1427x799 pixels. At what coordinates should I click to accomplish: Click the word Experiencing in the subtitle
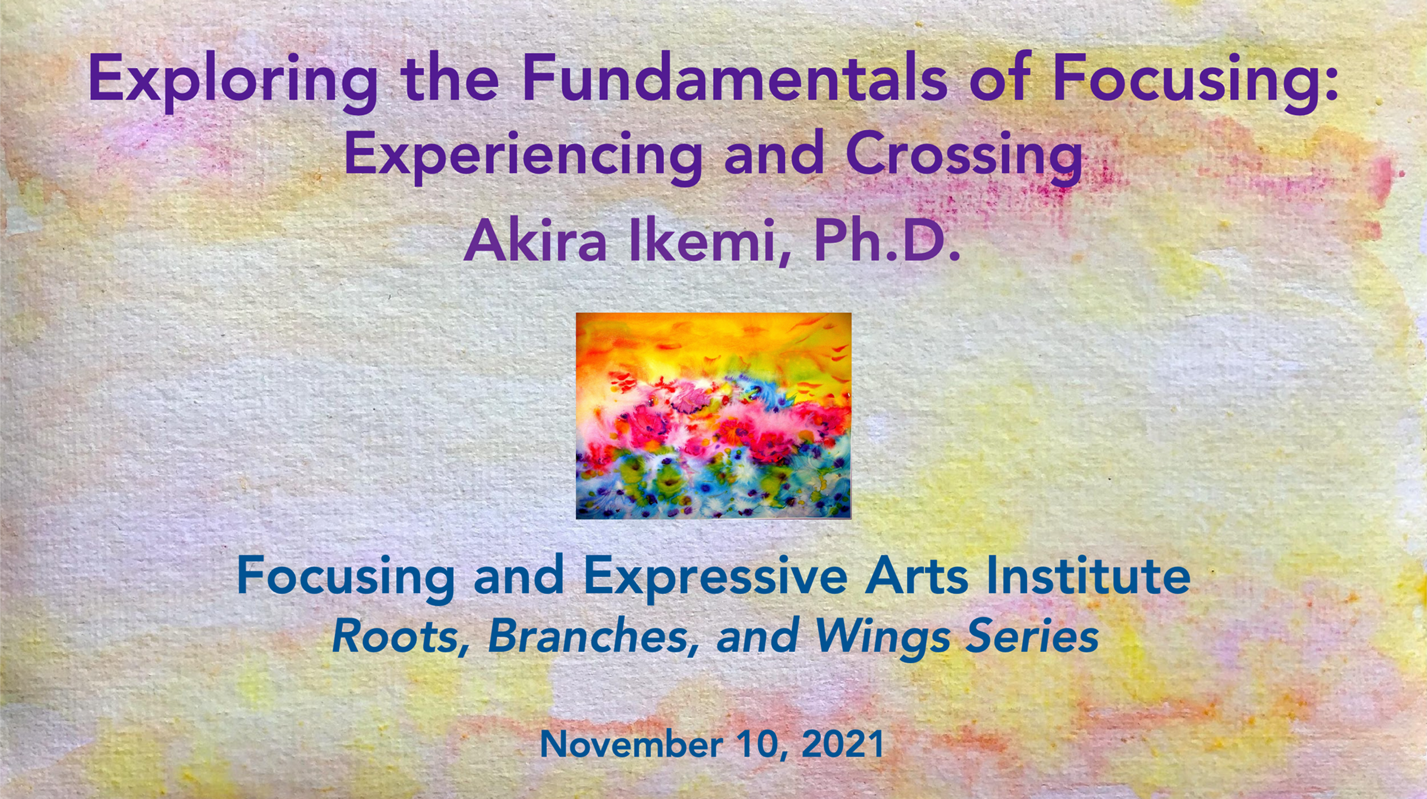(523, 154)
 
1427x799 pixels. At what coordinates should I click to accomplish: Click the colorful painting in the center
(713, 415)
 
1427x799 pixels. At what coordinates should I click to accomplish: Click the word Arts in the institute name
(917, 576)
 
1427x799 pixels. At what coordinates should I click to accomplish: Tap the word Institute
(1088, 576)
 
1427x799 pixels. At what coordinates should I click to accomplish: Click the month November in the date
(631, 744)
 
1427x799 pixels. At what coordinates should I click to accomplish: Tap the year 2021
(843, 744)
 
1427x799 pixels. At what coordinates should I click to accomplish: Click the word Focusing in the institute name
(346, 577)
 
